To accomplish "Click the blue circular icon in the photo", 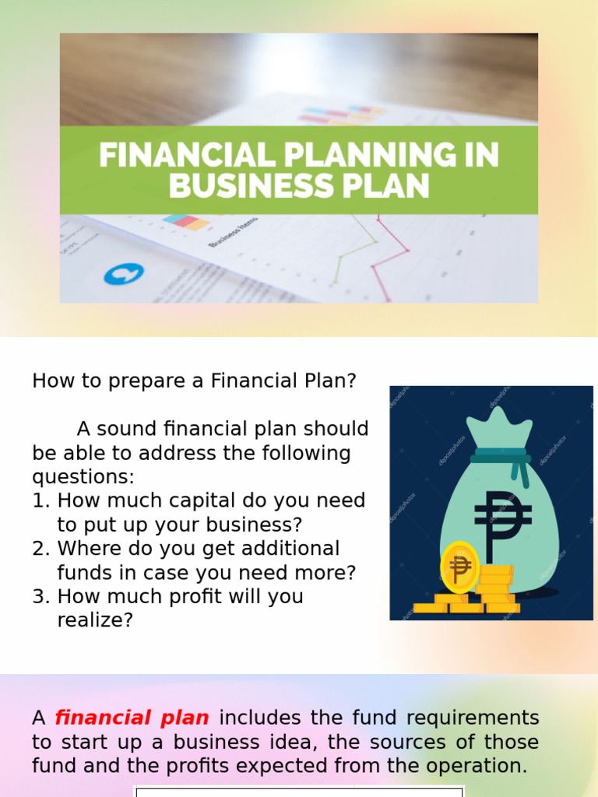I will click(x=124, y=274).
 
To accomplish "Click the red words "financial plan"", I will click(x=132, y=718).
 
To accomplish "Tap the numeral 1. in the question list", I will click(x=40, y=500).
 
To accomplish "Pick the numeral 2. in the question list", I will click(x=40, y=549).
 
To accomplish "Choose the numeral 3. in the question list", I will click(x=40, y=597).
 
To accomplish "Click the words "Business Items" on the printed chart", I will click(x=234, y=231).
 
